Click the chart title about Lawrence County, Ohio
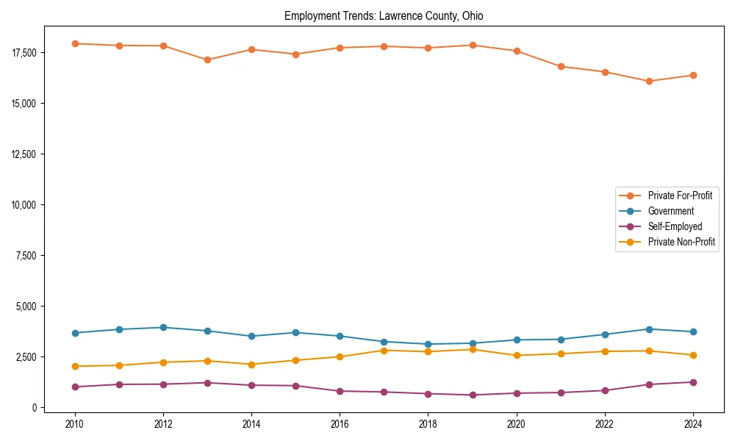pyautogui.click(x=383, y=16)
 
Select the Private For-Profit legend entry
pyautogui.click(x=680, y=196)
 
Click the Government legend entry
pyautogui.click(x=670, y=211)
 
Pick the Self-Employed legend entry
pyautogui.click(x=675, y=226)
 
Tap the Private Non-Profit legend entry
pyautogui.click(x=681, y=242)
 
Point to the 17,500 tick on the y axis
pyautogui.click(x=25, y=53)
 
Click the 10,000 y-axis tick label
pyautogui.click(x=25, y=204)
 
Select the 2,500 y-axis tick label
pyautogui.click(x=27, y=356)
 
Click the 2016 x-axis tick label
pyautogui.click(x=340, y=424)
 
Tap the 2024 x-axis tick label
pyautogui.click(x=693, y=424)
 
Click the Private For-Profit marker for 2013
pyautogui.click(x=207, y=60)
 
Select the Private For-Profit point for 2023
pyautogui.click(x=649, y=82)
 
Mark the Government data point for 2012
pyautogui.click(x=163, y=328)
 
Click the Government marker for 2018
pyautogui.click(x=428, y=344)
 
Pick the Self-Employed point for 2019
pyautogui.click(x=473, y=395)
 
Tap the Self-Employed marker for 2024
pyautogui.click(x=693, y=382)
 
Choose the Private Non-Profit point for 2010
pyautogui.click(x=74, y=366)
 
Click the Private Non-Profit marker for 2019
pyautogui.click(x=473, y=349)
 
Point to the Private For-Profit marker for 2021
pyautogui.click(x=561, y=66)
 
